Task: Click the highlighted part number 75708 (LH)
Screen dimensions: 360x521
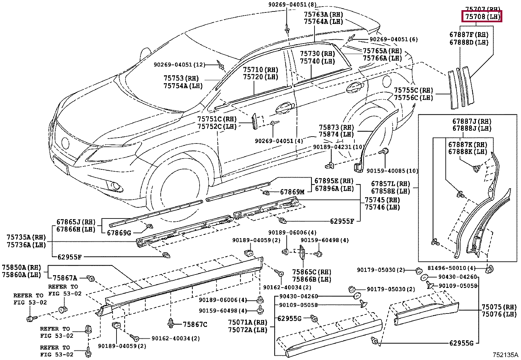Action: pos(481,17)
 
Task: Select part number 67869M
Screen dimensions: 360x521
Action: pos(292,192)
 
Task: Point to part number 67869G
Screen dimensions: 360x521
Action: pos(119,233)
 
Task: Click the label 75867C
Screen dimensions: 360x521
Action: pos(195,324)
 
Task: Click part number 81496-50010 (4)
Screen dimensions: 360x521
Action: pos(452,268)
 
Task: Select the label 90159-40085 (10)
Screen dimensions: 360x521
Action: pos(392,171)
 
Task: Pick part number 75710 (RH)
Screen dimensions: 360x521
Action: pos(260,70)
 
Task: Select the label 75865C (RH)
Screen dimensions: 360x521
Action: pos(312,272)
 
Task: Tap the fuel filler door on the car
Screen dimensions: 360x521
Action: pos(386,81)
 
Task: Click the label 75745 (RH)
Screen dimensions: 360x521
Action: pos(382,200)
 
